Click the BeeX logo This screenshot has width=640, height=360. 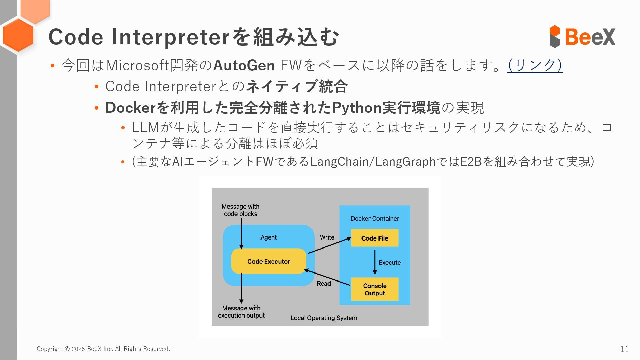(x=582, y=36)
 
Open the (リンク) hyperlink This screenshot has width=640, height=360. (x=535, y=65)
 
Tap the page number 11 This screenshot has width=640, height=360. (x=624, y=349)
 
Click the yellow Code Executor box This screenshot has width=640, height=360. (x=268, y=262)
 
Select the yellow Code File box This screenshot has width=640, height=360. (x=375, y=238)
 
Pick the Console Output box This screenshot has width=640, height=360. (x=375, y=289)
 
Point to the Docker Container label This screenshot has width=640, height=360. (x=375, y=219)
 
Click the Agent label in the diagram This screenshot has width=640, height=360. (x=268, y=237)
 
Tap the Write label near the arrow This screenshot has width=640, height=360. (x=327, y=237)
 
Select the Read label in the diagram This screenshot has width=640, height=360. (x=324, y=283)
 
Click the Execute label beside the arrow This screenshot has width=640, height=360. (x=389, y=263)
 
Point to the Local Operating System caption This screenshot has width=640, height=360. (x=324, y=318)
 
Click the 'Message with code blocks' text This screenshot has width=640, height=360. (x=240, y=210)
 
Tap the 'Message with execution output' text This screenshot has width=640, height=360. (x=241, y=312)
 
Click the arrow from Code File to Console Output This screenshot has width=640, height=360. (x=375, y=262)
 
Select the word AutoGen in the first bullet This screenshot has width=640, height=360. (x=244, y=65)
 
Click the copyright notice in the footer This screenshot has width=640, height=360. (x=103, y=349)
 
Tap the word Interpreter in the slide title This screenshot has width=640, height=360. (x=171, y=37)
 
